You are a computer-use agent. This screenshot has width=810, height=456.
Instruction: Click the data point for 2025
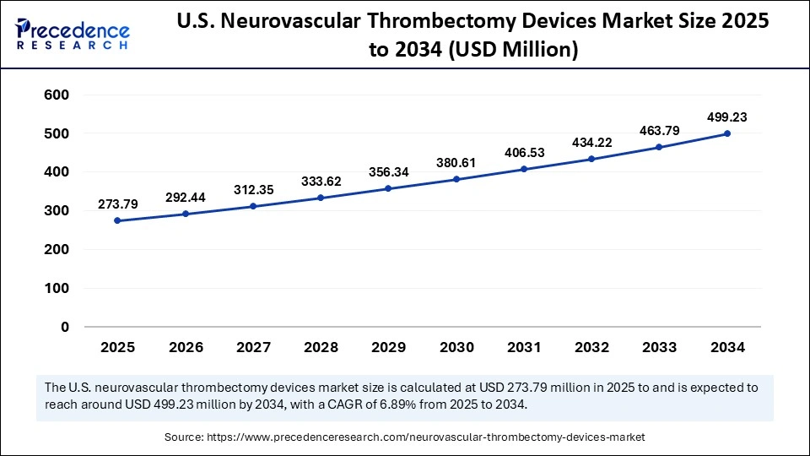[x=117, y=221]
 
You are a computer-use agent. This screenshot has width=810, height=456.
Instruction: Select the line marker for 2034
[x=727, y=134]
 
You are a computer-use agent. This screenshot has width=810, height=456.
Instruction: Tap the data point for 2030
[x=456, y=180]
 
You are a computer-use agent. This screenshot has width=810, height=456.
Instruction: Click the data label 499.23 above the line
[x=727, y=117]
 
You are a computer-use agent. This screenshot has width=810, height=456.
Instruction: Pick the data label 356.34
[x=389, y=171]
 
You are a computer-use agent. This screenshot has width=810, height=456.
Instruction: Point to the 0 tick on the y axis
[x=65, y=327]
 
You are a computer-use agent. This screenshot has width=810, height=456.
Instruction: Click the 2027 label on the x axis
[x=253, y=347]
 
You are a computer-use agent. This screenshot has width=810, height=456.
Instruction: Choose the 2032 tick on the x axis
[x=592, y=347]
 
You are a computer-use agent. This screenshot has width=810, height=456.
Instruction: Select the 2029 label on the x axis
[x=389, y=347]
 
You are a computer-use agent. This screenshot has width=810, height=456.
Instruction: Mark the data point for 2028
[x=321, y=198]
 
